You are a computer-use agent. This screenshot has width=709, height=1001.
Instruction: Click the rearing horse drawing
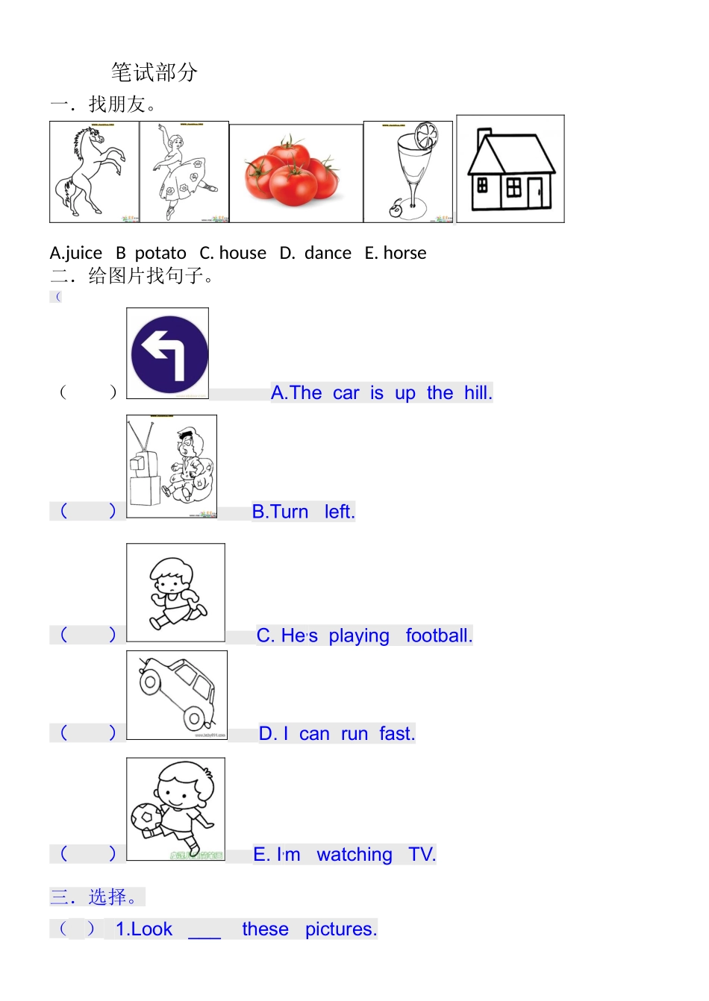pyautogui.click(x=93, y=172)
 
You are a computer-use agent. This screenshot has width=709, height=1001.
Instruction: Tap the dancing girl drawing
pyautogui.click(x=183, y=172)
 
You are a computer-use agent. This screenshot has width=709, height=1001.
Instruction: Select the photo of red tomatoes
pyautogui.click(x=294, y=174)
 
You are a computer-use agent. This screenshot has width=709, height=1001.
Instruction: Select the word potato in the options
pyautogui.click(x=160, y=254)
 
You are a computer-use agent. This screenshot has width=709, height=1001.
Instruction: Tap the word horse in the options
pyautogui.click(x=405, y=254)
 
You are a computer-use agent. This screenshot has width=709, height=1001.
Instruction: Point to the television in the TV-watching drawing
pyautogui.click(x=143, y=466)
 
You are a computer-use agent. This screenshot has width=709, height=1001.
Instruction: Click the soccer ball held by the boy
pyautogui.click(x=146, y=818)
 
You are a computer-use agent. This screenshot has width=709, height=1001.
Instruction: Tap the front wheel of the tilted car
pyautogui.click(x=151, y=682)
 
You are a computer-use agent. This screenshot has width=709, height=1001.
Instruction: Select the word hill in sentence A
pyautogui.click(x=478, y=393)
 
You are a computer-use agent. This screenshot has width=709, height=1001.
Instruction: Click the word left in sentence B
pyautogui.click(x=340, y=512)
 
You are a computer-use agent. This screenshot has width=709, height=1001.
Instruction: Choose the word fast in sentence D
pyautogui.click(x=396, y=734)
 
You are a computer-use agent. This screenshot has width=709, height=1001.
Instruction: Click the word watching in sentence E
pyautogui.click(x=354, y=855)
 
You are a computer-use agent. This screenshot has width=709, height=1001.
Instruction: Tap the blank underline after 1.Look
pyautogui.click(x=204, y=931)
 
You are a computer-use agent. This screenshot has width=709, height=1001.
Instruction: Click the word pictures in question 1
pyautogui.click(x=341, y=929)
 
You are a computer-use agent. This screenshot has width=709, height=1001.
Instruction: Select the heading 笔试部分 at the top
pyautogui.click(x=154, y=72)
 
